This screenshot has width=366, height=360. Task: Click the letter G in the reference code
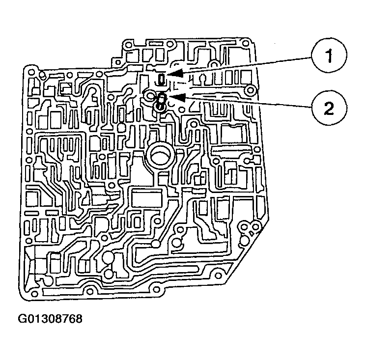[x=22, y=318]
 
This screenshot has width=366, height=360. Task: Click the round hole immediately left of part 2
[x=148, y=94]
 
